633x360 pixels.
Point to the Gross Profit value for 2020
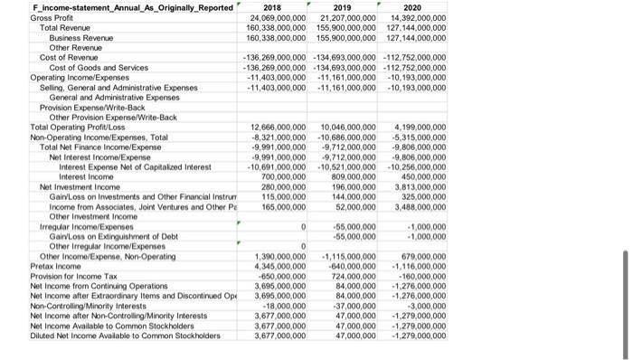click(x=413, y=18)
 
